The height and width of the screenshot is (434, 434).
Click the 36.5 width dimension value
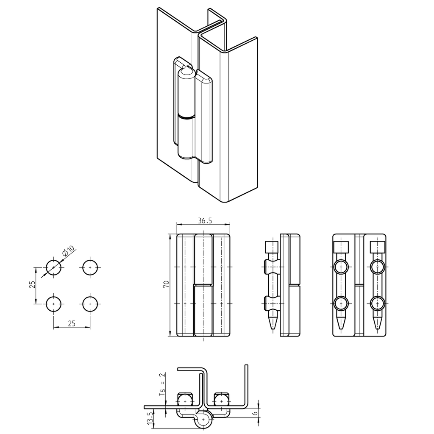[x=205, y=221]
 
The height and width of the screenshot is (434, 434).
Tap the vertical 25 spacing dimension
[x=31, y=284]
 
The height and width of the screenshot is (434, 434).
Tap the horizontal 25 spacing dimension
[x=71, y=323]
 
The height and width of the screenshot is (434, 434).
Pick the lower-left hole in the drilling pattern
[x=53, y=304]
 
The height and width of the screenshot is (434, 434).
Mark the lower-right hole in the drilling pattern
[x=90, y=304]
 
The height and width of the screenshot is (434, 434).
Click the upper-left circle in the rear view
[x=341, y=267]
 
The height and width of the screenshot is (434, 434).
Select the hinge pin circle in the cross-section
[x=204, y=419]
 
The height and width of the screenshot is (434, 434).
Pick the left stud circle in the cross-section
[x=185, y=400]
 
